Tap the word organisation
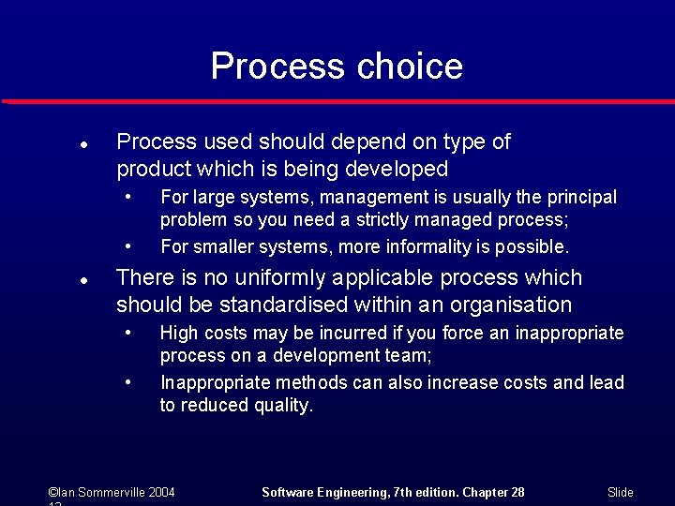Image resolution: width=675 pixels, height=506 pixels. (514, 305)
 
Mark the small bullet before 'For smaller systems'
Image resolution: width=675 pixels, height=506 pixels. (128, 247)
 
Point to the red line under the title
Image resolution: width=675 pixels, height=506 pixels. (337, 101)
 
